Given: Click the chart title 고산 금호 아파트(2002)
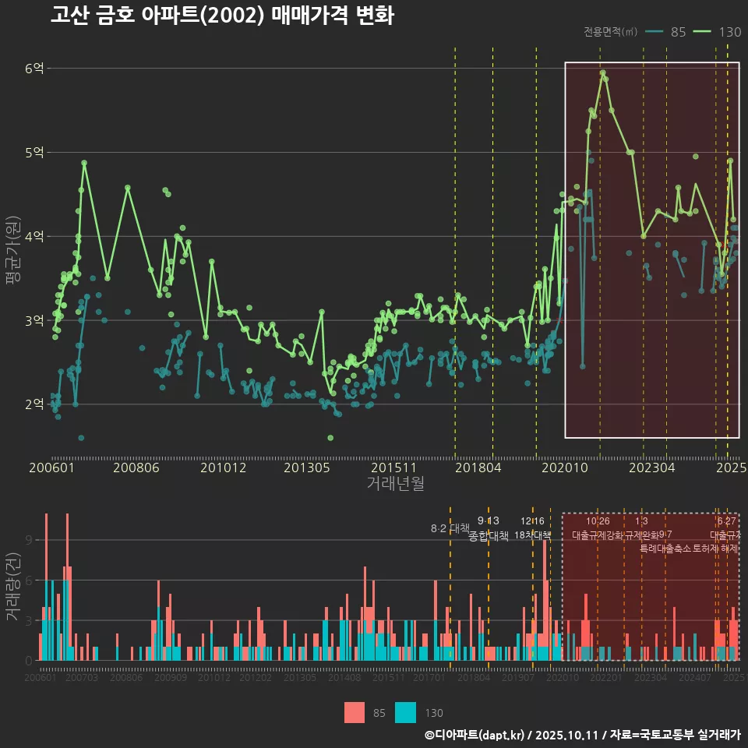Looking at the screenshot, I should [x=222, y=16].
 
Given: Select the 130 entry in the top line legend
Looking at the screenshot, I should [x=729, y=32].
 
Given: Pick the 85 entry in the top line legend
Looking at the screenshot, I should [x=678, y=32].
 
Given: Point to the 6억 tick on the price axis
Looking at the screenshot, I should [x=34, y=69].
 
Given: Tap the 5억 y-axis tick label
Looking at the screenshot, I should [x=34, y=153].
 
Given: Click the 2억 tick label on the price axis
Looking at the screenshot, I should [x=34, y=404].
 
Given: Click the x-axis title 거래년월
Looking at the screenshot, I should [x=395, y=484].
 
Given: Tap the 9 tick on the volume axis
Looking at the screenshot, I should [x=29, y=540].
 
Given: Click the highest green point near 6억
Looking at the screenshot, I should [x=602, y=73].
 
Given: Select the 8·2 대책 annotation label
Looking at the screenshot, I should [x=450, y=528].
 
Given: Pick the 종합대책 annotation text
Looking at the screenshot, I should [x=489, y=536].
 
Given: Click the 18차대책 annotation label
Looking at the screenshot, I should [x=533, y=535].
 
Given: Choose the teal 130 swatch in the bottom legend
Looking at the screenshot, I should [x=406, y=712].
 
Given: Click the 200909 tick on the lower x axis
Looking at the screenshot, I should [x=171, y=678].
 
